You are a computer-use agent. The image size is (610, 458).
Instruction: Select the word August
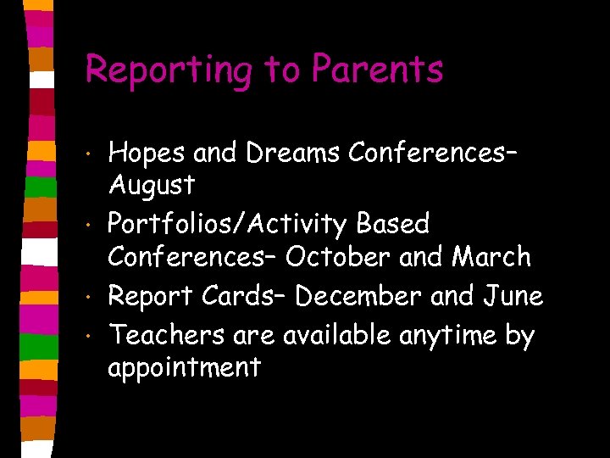click(x=152, y=184)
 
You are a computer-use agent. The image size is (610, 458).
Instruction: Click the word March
click(x=492, y=256)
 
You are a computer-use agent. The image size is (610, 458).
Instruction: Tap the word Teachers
click(x=165, y=336)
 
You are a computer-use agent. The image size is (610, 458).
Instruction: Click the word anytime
click(x=452, y=337)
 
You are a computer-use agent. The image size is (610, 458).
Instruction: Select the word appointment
click(x=184, y=368)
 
